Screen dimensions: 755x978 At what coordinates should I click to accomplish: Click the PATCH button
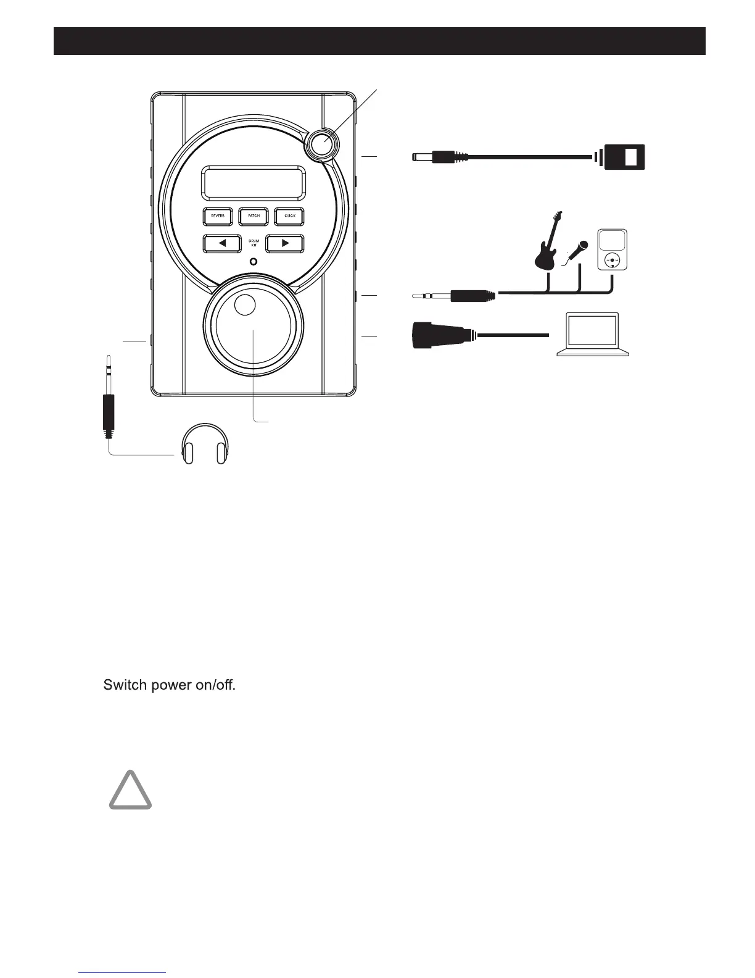pos(254,216)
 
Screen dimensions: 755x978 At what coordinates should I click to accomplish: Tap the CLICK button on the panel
pos(289,216)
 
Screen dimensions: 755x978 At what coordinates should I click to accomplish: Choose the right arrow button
pos(285,243)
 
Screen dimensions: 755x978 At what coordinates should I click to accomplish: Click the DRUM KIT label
pos(254,243)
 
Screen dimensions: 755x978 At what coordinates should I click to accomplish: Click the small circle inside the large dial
pos(245,305)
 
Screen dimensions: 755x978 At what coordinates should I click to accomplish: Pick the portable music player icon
pos(612,249)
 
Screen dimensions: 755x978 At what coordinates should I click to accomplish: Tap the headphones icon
pos(204,443)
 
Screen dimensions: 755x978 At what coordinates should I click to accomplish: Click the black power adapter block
pos(624,157)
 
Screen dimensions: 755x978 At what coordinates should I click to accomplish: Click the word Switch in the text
pos(125,685)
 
